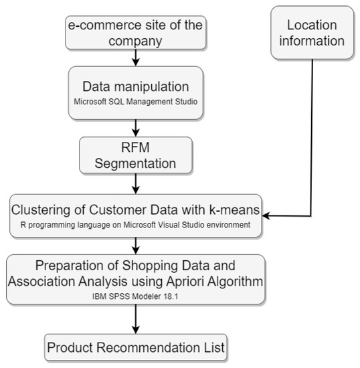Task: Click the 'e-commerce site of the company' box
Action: [134, 32]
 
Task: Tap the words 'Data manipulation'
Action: [135, 86]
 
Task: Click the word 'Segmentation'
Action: [135, 163]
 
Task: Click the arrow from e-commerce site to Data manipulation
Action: [135, 58]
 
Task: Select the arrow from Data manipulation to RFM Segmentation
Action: [135, 126]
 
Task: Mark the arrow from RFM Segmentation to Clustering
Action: [135, 182]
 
